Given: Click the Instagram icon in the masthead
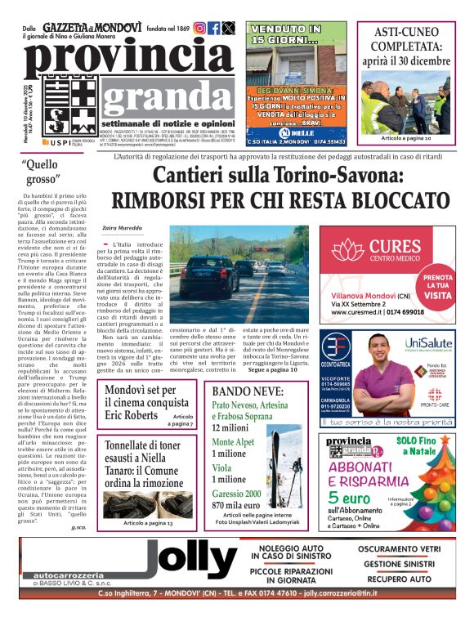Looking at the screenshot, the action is click(x=199, y=28).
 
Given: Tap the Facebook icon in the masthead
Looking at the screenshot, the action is click(x=214, y=28).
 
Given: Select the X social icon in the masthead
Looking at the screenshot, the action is click(x=228, y=28).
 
